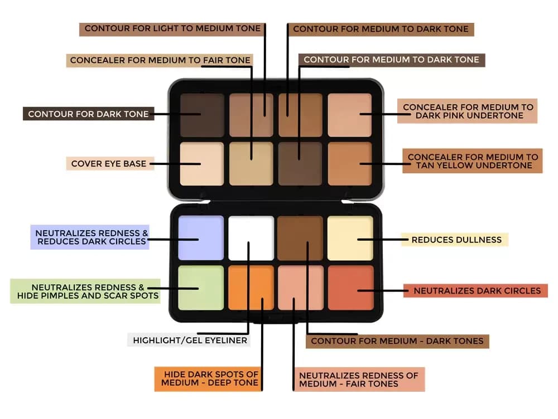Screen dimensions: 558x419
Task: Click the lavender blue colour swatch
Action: [x=201, y=238]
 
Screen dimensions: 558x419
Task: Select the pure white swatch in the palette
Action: [x=251, y=238]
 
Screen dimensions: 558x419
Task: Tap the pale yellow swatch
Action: [x=350, y=238]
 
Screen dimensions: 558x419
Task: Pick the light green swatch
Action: [x=201, y=288]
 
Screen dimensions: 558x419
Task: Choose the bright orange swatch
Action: [x=251, y=288]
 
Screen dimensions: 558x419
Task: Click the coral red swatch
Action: [x=351, y=288]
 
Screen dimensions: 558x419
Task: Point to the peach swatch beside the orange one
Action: [x=301, y=288]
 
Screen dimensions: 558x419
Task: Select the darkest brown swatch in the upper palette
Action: [x=202, y=115]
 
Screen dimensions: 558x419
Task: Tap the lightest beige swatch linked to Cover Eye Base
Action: [x=202, y=164]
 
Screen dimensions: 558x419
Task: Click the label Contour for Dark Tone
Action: [x=88, y=114]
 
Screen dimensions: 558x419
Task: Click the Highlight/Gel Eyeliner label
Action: [x=189, y=340]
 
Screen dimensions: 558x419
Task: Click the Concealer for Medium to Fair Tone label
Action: [x=160, y=60]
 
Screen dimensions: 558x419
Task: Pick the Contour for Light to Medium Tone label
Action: [x=172, y=29]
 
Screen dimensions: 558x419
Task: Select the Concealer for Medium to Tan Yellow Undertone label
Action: [x=473, y=161]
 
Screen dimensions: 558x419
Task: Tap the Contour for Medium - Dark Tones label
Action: [x=397, y=341]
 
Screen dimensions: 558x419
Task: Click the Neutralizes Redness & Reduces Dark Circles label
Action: [x=90, y=237]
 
